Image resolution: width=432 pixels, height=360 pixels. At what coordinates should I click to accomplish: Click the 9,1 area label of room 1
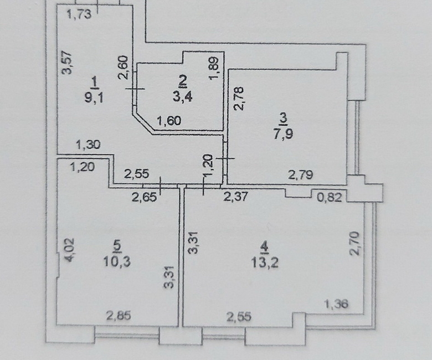[94, 97]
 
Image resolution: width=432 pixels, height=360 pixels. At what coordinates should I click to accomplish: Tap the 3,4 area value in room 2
[183, 97]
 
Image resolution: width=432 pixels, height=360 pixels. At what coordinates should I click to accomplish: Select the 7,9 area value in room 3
[283, 134]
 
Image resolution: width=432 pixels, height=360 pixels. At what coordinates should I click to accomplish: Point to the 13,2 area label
[265, 262]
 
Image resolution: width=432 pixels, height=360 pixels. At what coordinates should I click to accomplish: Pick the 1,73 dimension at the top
[79, 14]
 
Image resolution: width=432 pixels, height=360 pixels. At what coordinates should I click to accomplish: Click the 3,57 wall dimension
[67, 63]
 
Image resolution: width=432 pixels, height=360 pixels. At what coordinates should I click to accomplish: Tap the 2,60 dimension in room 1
[124, 68]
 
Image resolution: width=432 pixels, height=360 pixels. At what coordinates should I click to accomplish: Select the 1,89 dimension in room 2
[214, 68]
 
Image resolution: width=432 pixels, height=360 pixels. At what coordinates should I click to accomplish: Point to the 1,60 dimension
[169, 120]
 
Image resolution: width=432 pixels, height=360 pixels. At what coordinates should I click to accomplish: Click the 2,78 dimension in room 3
[239, 99]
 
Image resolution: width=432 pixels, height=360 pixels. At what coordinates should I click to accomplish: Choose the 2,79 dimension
[301, 174]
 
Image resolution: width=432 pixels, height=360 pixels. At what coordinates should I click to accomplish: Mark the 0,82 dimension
[330, 197]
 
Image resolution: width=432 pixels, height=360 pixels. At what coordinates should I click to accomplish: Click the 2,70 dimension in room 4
[354, 244]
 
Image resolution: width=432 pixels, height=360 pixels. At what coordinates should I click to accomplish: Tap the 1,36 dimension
[336, 304]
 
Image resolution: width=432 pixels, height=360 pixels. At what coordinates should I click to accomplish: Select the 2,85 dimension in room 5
[119, 315]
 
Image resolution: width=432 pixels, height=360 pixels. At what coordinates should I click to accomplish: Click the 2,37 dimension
[235, 197]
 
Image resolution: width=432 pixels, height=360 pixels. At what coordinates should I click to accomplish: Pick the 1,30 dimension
[88, 145]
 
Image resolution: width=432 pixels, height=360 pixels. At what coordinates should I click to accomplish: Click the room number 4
[265, 247]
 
